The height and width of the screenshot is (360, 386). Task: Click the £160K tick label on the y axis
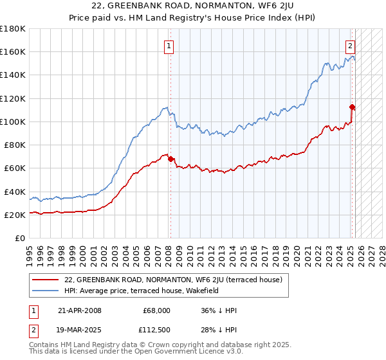point(13,51)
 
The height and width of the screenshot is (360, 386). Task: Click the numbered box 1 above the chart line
point(169,46)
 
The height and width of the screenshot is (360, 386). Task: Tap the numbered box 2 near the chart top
point(350,46)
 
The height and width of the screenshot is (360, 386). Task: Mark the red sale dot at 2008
point(171,159)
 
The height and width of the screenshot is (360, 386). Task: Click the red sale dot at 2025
point(352,107)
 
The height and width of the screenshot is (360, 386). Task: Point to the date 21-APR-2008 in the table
point(79,310)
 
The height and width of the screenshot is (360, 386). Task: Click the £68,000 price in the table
point(156,310)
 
